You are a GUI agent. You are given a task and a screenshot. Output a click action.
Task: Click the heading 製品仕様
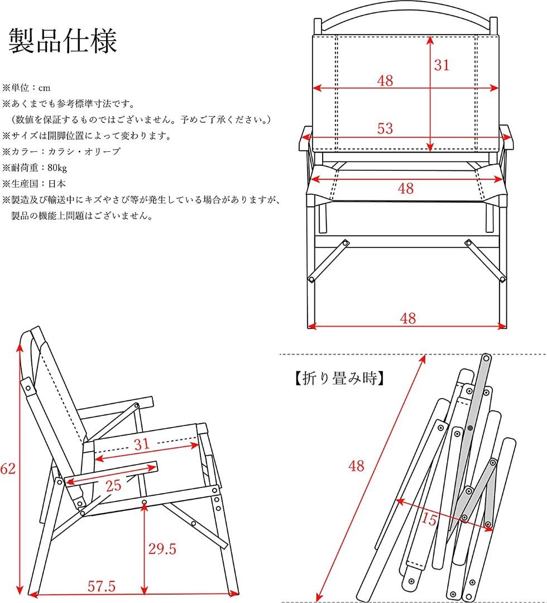63,41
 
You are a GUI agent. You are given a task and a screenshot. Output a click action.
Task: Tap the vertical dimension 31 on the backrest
442,65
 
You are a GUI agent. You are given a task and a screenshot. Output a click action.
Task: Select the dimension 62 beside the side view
7,469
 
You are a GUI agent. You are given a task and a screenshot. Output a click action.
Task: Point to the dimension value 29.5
162,549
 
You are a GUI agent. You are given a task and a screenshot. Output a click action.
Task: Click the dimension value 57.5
102,586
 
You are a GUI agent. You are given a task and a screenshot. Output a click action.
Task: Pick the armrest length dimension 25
114,485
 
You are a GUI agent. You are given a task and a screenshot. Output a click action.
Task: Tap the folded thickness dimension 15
429,520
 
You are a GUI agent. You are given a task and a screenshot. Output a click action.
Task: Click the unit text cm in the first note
45,88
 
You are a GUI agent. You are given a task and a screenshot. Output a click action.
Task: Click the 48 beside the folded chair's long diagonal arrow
356,465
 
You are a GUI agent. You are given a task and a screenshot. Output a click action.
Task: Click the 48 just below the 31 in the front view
385,80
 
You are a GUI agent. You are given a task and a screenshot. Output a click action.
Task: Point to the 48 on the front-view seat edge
406,188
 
